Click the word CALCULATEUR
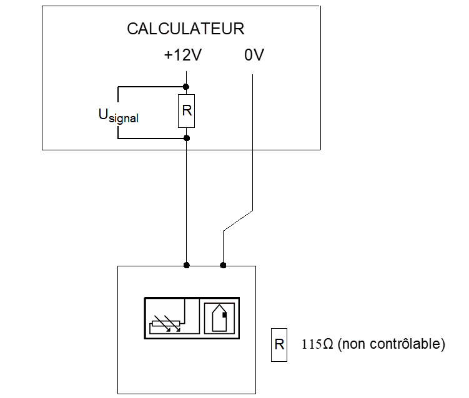(185, 29)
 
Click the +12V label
(182, 56)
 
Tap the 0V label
(254, 56)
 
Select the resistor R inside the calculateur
(186, 112)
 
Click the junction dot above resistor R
(186, 87)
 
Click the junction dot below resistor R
(186, 138)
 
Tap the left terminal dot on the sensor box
(186, 265)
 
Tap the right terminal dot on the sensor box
(223, 265)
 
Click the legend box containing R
(279, 344)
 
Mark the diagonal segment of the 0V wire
(238, 220)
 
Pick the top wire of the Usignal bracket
(150, 87)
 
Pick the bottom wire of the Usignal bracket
(150, 138)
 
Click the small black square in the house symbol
(224, 315)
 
